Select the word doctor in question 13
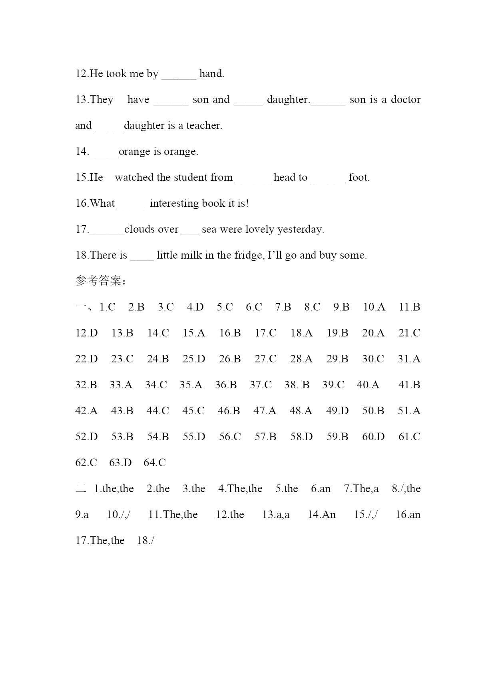(405, 99)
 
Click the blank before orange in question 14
(104, 152)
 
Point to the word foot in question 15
(359, 177)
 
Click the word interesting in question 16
(174, 203)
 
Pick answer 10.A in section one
(374, 307)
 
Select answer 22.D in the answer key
(86, 359)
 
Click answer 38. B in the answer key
(297, 385)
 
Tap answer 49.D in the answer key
(337, 411)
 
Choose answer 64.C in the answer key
(155, 463)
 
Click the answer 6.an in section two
(321, 488)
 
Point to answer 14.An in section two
(322, 514)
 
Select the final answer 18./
(145, 540)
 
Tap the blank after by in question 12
(179, 74)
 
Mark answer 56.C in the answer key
(230, 437)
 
